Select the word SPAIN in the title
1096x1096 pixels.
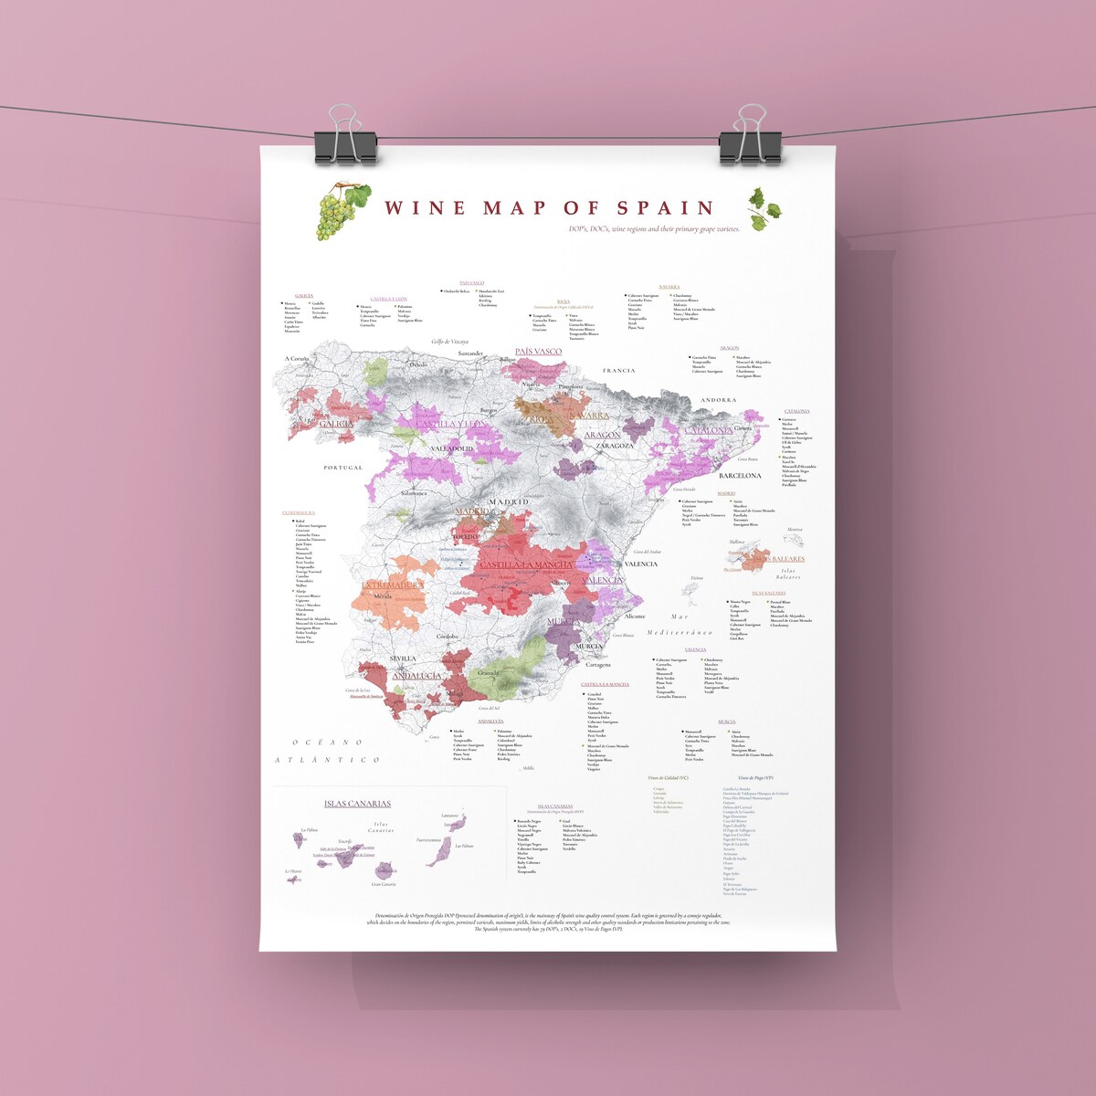(x=665, y=209)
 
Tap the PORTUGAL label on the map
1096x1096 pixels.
(x=343, y=468)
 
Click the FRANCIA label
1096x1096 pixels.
(x=618, y=371)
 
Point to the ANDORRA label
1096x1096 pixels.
(x=718, y=400)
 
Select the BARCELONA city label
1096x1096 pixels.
(x=740, y=476)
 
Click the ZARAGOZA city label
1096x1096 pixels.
(x=615, y=446)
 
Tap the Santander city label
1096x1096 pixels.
(x=470, y=353)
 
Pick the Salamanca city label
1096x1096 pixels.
(x=414, y=493)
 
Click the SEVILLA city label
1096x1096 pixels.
(x=403, y=658)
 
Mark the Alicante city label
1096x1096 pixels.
(x=634, y=616)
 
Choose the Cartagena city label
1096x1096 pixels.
(x=598, y=665)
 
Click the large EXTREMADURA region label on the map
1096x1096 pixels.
(x=393, y=585)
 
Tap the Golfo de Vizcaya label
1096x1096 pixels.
(x=449, y=342)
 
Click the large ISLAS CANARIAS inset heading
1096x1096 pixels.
(x=357, y=804)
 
